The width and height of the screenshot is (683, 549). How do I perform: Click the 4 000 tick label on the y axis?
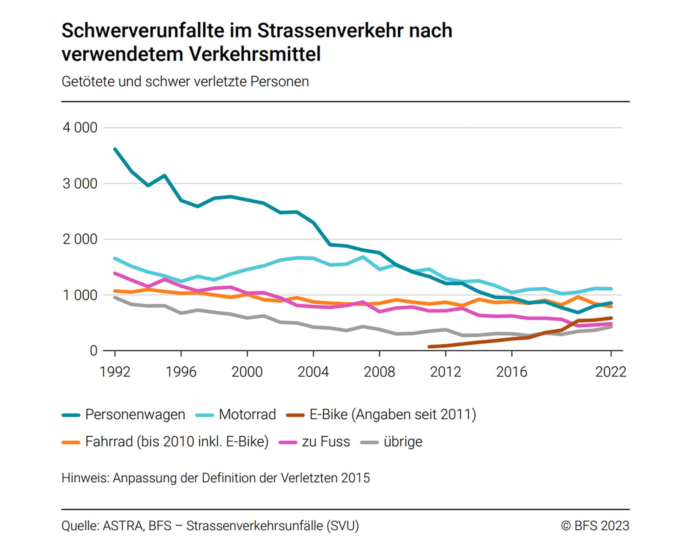[x=80, y=128]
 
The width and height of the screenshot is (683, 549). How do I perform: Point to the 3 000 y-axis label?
[x=80, y=184]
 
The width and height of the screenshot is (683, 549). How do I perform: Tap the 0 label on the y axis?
[x=93, y=351]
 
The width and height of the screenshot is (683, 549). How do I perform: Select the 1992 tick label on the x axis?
[x=115, y=372]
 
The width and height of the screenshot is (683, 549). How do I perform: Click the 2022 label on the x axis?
[x=611, y=372]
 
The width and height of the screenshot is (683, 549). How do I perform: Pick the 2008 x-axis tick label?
[x=379, y=372]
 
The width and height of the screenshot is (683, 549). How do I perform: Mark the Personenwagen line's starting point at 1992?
[x=115, y=149]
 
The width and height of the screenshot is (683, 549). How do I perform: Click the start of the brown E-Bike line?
[x=429, y=347]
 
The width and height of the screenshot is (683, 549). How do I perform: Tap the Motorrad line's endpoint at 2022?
[x=611, y=289]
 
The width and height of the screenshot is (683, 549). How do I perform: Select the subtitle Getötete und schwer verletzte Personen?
[x=185, y=82]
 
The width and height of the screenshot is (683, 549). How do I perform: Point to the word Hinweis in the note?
[x=86, y=478]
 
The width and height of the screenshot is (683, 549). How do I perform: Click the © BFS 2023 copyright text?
[x=595, y=526]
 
